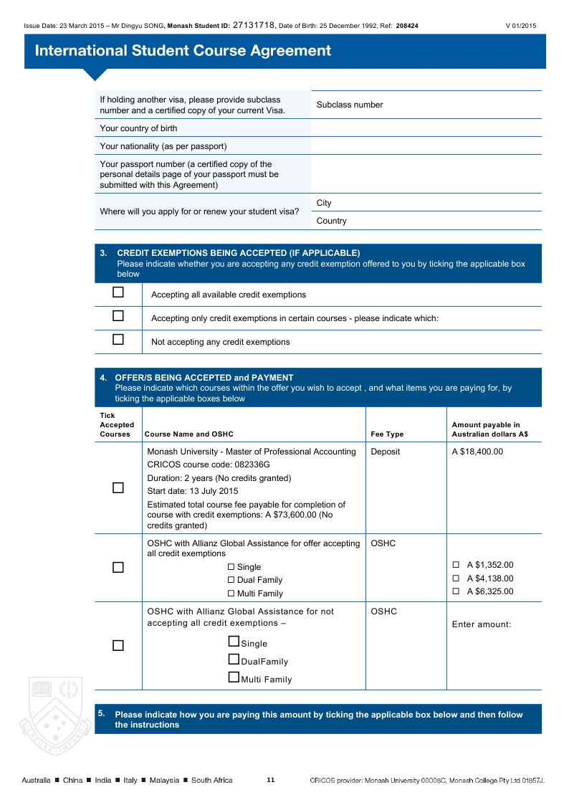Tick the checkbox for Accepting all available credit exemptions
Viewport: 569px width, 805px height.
click(x=118, y=292)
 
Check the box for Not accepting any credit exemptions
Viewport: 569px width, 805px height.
click(x=118, y=340)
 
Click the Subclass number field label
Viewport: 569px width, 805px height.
click(x=350, y=105)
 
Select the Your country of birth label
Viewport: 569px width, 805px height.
click(x=138, y=128)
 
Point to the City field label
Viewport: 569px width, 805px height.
click(x=324, y=203)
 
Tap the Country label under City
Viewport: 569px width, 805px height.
click(x=331, y=221)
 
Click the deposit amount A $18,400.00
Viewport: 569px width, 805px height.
click(x=477, y=452)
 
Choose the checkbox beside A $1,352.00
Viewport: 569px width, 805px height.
click(x=456, y=565)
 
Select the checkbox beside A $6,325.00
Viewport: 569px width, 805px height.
click(x=456, y=591)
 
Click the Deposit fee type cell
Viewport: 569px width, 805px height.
click(x=386, y=452)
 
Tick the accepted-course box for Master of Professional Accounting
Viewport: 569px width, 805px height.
click(x=118, y=488)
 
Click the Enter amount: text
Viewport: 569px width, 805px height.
click(x=481, y=624)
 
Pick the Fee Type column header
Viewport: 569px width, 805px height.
click(x=387, y=434)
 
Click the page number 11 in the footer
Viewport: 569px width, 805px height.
click(x=270, y=780)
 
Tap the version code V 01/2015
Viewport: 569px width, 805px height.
click(x=520, y=26)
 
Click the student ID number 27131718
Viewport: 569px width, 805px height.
click(x=254, y=25)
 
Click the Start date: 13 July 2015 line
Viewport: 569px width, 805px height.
click(x=192, y=491)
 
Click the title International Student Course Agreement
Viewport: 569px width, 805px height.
click(x=183, y=51)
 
